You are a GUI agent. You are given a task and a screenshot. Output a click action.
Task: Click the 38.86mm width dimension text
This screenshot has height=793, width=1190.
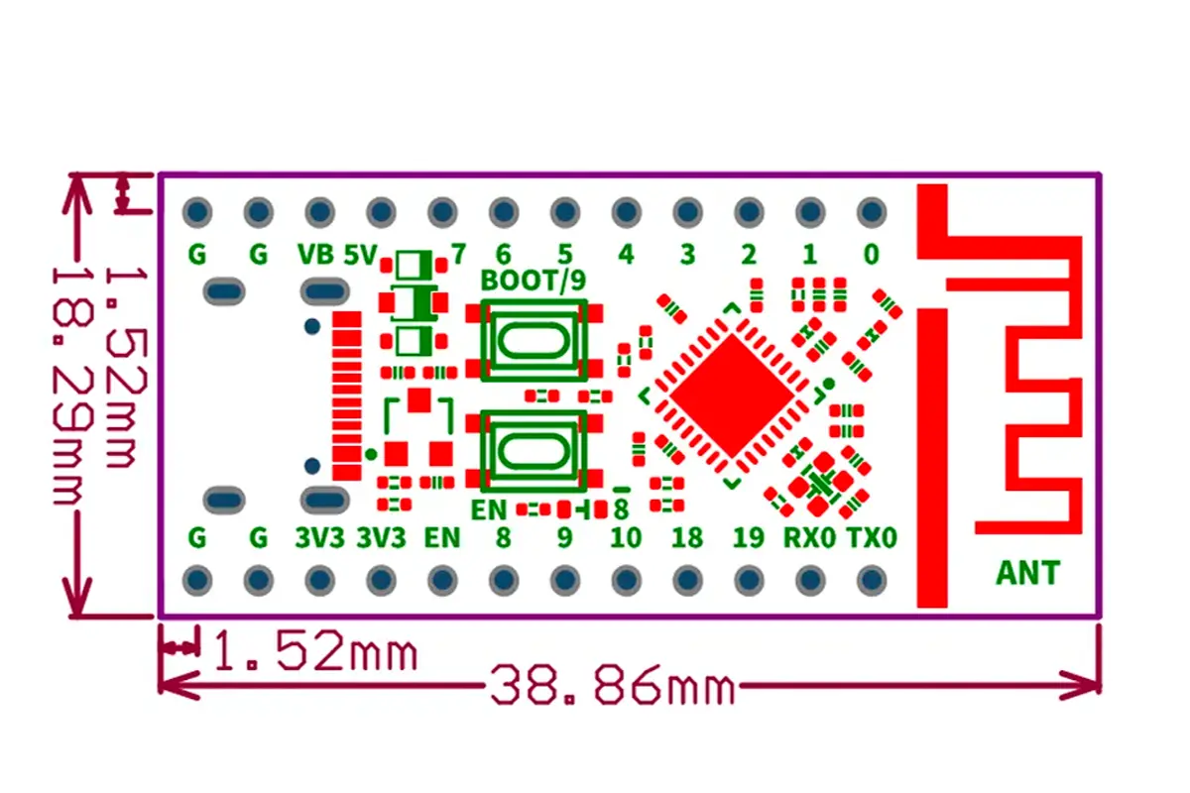[x=613, y=685]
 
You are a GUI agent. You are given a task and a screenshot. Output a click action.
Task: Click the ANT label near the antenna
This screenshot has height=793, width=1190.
[x=1028, y=573]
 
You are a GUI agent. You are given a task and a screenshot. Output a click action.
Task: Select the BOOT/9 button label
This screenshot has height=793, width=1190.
[x=533, y=280]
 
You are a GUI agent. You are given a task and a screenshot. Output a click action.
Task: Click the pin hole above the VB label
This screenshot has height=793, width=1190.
[x=319, y=212]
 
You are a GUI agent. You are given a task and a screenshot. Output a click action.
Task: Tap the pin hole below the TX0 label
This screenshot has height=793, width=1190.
[x=872, y=580]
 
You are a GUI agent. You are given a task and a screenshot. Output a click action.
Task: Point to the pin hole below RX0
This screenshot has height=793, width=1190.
[x=810, y=580]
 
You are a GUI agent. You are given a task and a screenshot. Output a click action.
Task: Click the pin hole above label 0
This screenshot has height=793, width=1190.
[x=872, y=212]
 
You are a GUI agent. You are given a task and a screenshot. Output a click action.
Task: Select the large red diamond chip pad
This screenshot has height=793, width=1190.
[x=732, y=396]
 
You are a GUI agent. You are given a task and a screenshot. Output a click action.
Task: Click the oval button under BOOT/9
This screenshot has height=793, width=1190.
[x=533, y=340]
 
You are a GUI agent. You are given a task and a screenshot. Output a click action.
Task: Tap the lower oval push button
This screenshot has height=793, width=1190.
[x=533, y=451]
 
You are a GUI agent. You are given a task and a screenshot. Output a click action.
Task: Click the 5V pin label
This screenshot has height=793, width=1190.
[x=360, y=255]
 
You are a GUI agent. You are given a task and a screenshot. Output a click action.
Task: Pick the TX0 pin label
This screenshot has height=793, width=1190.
[x=872, y=537]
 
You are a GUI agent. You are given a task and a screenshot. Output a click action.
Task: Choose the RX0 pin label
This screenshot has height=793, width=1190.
[x=809, y=537]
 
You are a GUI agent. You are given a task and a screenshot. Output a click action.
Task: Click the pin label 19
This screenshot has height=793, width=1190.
[x=749, y=537]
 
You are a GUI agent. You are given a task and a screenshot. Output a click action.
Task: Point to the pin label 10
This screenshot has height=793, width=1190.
[x=626, y=537]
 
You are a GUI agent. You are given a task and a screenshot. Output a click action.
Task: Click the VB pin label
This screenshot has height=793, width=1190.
[x=315, y=255]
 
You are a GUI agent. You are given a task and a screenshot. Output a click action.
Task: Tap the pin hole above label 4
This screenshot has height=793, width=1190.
[x=627, y=212]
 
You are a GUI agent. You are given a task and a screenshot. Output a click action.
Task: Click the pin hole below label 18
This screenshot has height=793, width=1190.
[x=687, y=580]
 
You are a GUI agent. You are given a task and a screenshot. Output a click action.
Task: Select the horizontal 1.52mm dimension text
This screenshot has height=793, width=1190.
[x=314, y=650]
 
